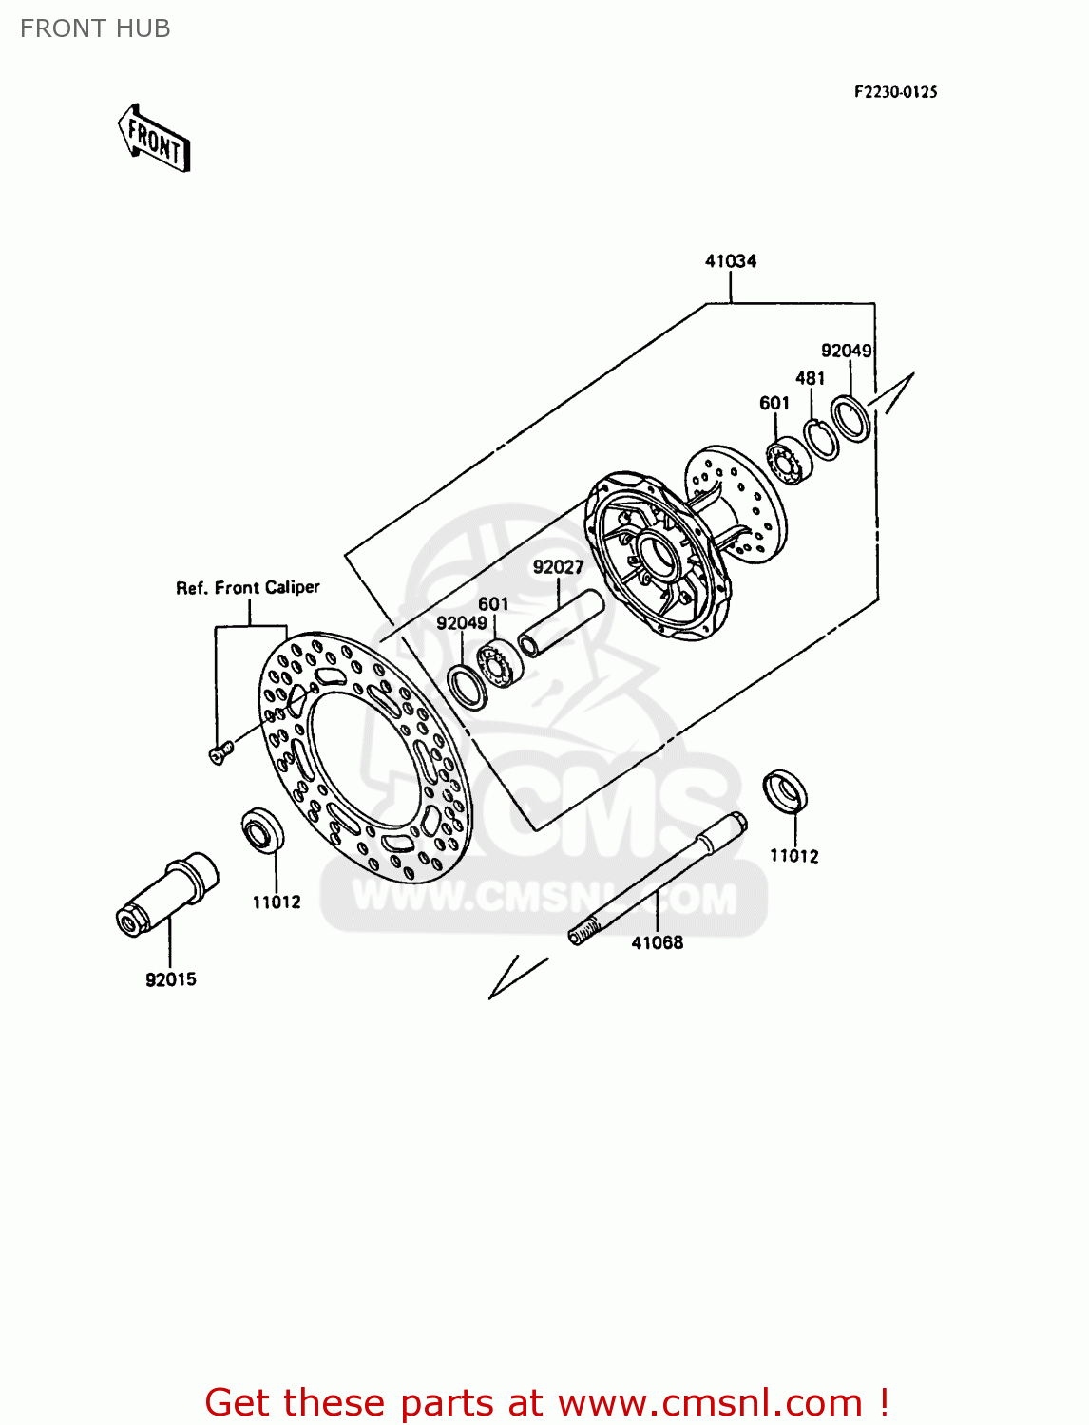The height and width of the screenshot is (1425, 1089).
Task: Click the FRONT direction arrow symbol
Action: pos(154,139)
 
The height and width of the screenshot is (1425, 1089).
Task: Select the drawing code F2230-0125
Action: pos(895,92)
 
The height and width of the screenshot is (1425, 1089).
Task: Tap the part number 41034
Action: pos(730,261)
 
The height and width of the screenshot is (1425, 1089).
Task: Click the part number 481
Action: pos(810,378)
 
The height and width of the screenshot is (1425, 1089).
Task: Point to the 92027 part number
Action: pos(558,567)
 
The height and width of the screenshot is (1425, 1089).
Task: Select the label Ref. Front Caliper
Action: pos(248,588)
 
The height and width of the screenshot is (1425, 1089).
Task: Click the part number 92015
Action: pos(171,979)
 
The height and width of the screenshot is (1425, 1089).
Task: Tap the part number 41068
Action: pos(658,942)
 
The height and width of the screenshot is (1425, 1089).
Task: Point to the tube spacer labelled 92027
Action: pos(561,623)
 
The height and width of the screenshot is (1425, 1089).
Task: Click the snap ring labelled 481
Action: pos(820,439)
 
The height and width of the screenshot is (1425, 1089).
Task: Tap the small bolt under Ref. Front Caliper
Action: pos(220,753)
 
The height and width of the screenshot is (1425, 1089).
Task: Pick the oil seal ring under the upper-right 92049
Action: pos(850,419)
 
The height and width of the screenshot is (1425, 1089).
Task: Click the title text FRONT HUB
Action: pos(95,28)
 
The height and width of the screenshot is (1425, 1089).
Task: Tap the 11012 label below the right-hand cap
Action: pos(793,856)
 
